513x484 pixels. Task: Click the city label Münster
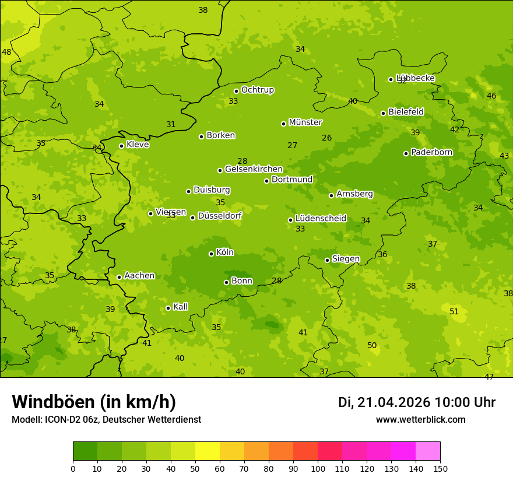pyautogui.click(x=305, y=122)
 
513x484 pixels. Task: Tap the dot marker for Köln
pyautogui.click(x=211, y=254)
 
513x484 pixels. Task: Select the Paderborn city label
pyautogui.click(x=431, y=152)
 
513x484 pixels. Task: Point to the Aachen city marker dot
pyautogui.click(x=119, y=277)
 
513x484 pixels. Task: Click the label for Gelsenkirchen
pyautogui.click(x=254, y=169)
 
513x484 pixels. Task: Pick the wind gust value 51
pyautogui.click(x=454, y=312)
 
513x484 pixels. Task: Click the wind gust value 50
pyautogui.click(x=372, y=346)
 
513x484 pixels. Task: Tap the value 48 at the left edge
pyautogui.click(x=6, y=52)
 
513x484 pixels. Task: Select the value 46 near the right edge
pyautogui.click(x=491, y=96)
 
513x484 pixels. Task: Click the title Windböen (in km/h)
pyautogui.click(x=94, y=402)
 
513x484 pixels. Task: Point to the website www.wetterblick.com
pyautogui.click(x=420, y=420)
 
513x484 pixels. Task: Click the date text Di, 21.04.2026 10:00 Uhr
pyautogui.click(x=417, y=402)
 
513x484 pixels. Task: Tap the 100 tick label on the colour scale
pyautogui.click(x=318, y=468)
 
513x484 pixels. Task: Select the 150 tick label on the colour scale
pyautogui.click(x=440, y=468)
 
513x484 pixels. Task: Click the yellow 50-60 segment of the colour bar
pyautogui.click(x=208, y=451)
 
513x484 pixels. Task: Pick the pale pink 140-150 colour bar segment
pyautogui.click(x=428, y=451)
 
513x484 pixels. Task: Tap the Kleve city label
pyautogui.click(x=138, y=145)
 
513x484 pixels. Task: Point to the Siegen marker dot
pyautogui.click(x=327, y=260)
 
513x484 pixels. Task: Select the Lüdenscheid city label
pyautogui.click(x=321, y=219)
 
